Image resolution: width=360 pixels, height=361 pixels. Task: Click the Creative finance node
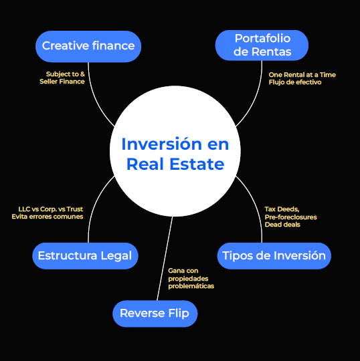click(x=88, y=46)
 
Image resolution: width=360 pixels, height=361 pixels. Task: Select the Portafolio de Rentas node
click(x=262, y=45)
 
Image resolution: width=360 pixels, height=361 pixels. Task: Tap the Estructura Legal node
click(x=85, y=256)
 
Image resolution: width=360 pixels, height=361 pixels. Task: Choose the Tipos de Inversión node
click(x=274, y=256)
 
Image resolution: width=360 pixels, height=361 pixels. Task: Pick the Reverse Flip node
click(x=155, y=314)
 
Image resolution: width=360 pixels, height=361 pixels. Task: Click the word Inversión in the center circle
click(x=161, y=144)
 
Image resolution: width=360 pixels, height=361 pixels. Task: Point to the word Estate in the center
click(x=197, y=164)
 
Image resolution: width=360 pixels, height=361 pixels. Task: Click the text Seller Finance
click(x=62, y=82)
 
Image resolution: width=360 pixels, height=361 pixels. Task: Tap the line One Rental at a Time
click(x=302, y=75)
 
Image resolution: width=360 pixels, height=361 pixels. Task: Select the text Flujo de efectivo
click(x=295, y=82)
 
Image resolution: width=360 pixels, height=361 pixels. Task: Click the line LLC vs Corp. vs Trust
click(x=50, y=209)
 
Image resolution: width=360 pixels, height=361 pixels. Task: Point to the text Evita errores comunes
click(x=48, y=217)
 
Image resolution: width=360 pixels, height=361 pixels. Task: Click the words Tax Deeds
click(x=282, y=209)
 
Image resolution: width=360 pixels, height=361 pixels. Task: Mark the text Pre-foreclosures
click(x=291, y=217)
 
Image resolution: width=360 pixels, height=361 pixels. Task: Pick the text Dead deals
click(x=282, y=225)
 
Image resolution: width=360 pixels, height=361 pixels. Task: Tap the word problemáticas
click(x=191, y=286)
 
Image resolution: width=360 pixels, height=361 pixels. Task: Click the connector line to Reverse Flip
click(x=165, y=259)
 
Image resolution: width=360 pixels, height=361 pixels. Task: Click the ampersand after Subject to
click(x=82, y=74)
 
